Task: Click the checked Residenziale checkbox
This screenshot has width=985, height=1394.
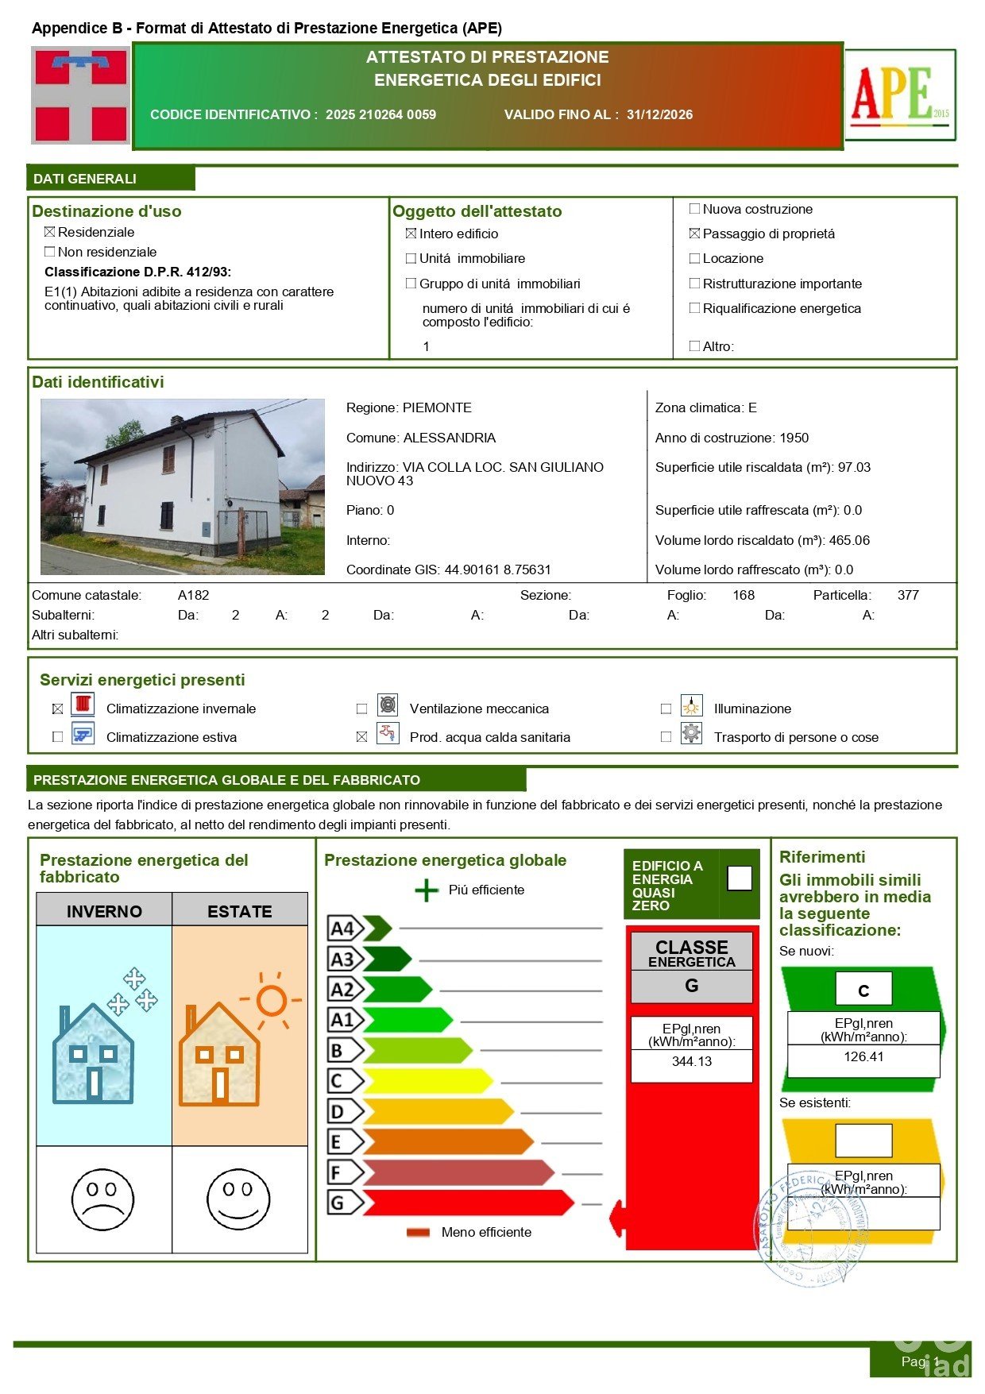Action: click(50, 232)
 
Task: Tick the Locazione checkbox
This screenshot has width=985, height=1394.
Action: click(695, 258)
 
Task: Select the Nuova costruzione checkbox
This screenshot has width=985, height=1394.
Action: click(695, 209)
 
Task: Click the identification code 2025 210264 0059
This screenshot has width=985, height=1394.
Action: click(380, 114)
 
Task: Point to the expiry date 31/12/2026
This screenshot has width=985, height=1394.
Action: click(659, 114)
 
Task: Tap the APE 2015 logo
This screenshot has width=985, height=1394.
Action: click(900, 95)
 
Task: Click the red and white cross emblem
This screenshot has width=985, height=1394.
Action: click(80, 95)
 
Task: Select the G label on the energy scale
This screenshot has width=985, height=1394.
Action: click(338, 1203)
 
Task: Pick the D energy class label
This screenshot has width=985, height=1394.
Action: click(338, 1111)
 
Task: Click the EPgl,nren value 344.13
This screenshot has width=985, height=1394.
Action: click(691, 1062)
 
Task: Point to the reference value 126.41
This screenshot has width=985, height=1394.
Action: click(863, 1057)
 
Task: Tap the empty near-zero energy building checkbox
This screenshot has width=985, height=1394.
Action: click(740, 878)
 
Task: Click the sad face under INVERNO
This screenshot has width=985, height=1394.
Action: click(103, 1199)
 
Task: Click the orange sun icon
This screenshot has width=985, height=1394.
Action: click(270, 999)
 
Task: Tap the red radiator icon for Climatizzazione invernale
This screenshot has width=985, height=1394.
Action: click(83, 705)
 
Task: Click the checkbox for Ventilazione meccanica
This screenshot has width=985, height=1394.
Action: click(362, 709)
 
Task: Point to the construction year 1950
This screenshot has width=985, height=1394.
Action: click(794, 438)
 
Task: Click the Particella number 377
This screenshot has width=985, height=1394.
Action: click(908, 595)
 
